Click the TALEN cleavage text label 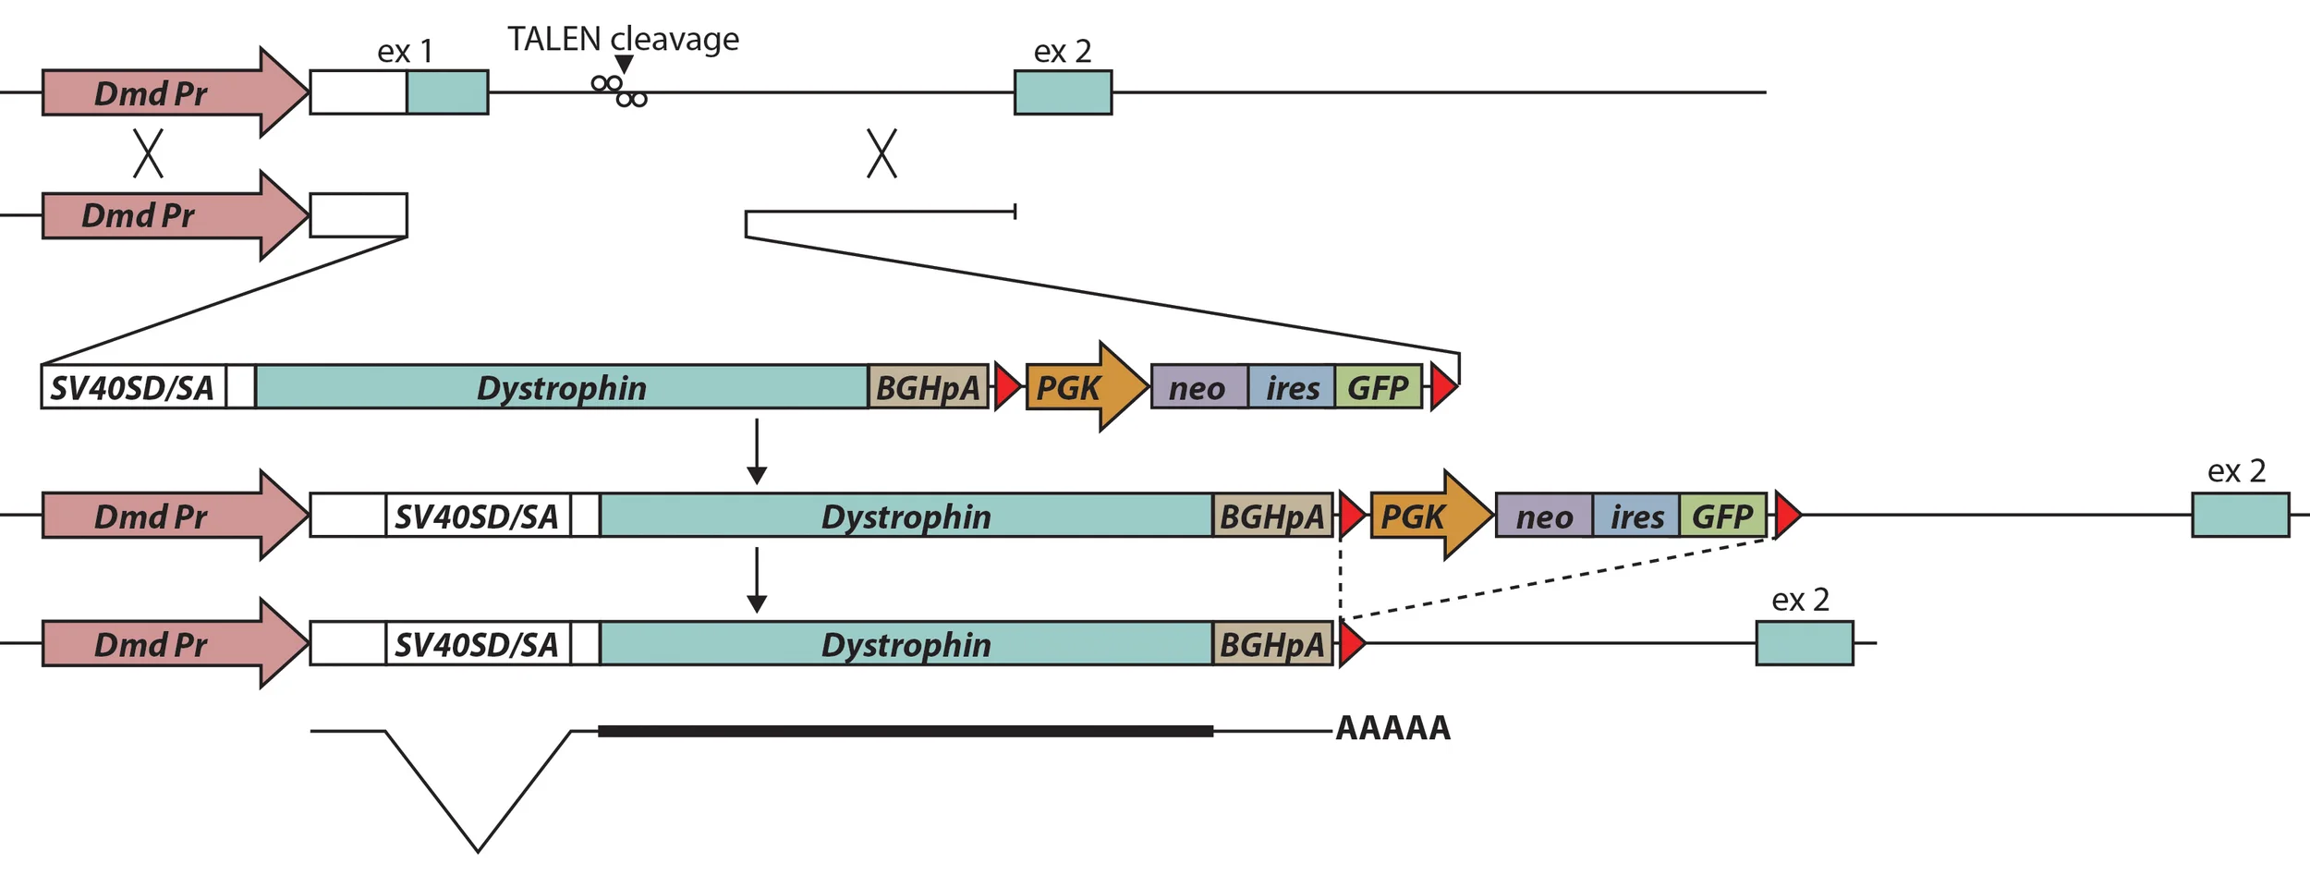pyautogui.click(x=623, y=39)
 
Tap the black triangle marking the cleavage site pyautogui.click(x=624, y=64)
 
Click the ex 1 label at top pyautogui.click(x=405, y=52)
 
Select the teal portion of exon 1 pyautogui.click(x=447, y=92)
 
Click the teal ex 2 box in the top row pyautogui.click(x=1063, y=92)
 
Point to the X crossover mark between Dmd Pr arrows pyautogui.click(x=148, y=153)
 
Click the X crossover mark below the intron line pyautogui.click(x=881, y=153)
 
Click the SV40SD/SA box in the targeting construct pyautogui.click(x=132, y=387)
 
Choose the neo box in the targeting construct pyautogui.click(x=1198, y=387)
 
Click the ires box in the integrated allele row pyautogui.click(x=1635, y=516)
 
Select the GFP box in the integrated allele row pyautogui.click(x=1721, y=516)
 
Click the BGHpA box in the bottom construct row pyautogui.click(x=1271, y=644)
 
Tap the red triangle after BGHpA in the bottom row pyautogui.click(x=1350, y=644)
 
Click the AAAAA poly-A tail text pyautogui.click(x=1392, y=728)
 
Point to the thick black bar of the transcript pyautogui.click(x=906, y=731)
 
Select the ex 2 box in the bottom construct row pyautogui.click(x=1804, y=643)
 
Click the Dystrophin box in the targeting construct pyautogui.click(x=561, y=387)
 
